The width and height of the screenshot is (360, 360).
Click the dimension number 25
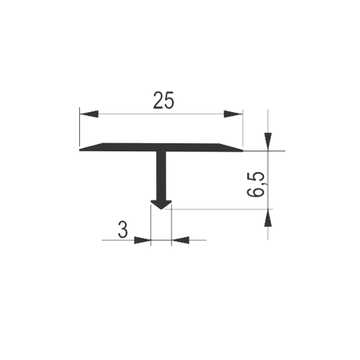(x=164, y=100)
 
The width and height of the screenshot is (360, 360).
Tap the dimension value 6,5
(x=256, y=185)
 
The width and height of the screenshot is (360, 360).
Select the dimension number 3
(x=123, y=230)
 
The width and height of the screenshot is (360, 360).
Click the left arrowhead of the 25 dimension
(x=89, y=114)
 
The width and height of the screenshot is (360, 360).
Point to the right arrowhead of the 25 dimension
(x=233, y=114)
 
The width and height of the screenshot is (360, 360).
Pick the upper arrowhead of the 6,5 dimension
(x=268, y=141)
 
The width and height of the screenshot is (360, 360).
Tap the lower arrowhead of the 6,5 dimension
(x=268, y=218)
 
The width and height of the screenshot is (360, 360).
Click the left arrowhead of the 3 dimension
(x=142, y=240)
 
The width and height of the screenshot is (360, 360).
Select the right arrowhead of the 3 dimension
(x=180, y=240)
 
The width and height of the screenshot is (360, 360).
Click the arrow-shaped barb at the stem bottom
(x=161, y=204)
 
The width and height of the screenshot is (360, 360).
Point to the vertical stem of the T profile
(x=161, y=175)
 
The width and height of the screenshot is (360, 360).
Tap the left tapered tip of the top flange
(x=80, y=150)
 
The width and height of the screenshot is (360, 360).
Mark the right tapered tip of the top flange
(x=242, y=151)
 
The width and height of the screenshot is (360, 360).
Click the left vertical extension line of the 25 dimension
(x=80, y=126)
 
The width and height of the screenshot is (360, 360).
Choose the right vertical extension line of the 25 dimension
(x=243, y=128)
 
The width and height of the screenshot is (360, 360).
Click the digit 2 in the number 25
(x=158, y=100)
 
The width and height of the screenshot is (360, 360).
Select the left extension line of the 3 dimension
(x=151, y=225)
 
